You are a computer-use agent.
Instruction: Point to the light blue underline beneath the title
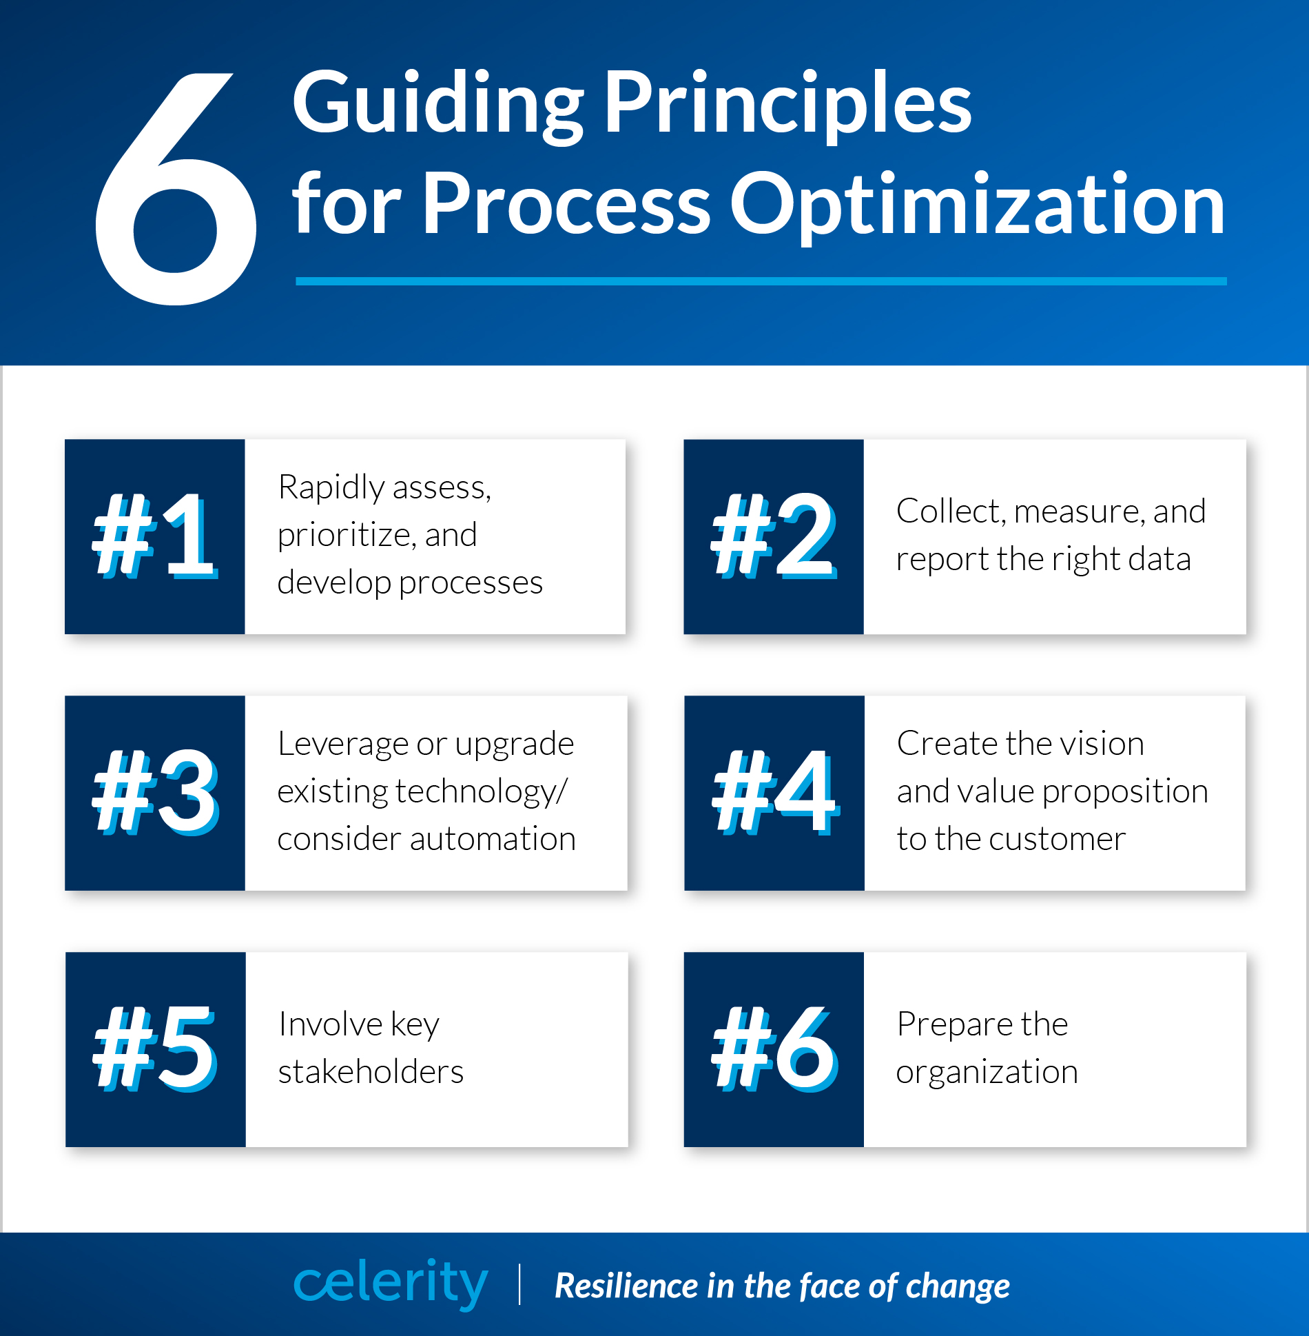tap(761, 281)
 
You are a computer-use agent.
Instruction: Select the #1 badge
tap(155, 536)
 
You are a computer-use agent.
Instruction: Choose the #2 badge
tap(774, 536)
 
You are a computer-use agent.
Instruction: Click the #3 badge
tap(155, 793)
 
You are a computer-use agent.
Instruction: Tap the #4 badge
tap(774, 793)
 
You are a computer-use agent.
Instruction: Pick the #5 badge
tap(156, 1049)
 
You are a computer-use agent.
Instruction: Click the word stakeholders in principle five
tap(371, 1072)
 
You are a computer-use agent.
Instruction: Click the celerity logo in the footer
tap(391, 1283)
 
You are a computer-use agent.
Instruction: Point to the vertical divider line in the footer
tap(519, 1284)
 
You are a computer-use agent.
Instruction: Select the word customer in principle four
tap(1060, 840)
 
